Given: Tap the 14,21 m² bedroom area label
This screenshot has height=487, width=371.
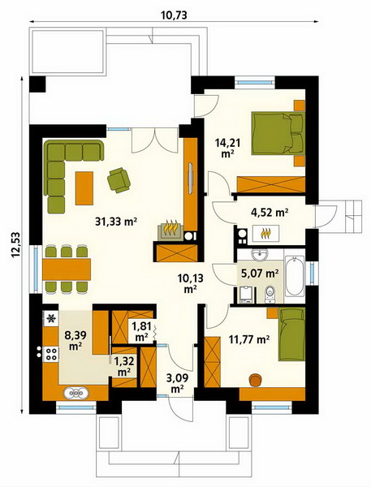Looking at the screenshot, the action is (x=228, y=148).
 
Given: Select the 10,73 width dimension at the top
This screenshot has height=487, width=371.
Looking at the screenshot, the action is (x=174, y=15).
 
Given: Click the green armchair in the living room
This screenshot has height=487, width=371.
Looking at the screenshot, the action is (x=119, y=180).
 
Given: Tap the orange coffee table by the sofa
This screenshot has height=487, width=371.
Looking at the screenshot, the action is (x=84, y=188).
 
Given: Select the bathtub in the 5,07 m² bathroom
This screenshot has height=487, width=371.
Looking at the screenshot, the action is (x=294, y=276).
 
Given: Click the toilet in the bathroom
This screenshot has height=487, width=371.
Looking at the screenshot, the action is (x=270, y=294).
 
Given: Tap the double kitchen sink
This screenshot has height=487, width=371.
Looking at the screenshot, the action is (x=76, y=393).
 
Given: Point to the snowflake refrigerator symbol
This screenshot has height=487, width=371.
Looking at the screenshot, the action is (x=51, y=318).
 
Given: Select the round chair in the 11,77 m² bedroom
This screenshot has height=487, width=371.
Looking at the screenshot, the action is (x=255, y=380).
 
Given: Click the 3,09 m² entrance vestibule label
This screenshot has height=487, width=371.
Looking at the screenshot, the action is (x=176, y=382).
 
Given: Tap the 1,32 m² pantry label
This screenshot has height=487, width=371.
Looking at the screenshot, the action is (x=123, y=366).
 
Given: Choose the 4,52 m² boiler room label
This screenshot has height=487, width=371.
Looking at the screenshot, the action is (x=269, y=213).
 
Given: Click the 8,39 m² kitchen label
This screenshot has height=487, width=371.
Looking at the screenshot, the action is (x=75, y=340).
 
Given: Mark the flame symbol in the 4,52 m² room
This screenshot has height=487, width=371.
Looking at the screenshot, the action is (x=266, y=233).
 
